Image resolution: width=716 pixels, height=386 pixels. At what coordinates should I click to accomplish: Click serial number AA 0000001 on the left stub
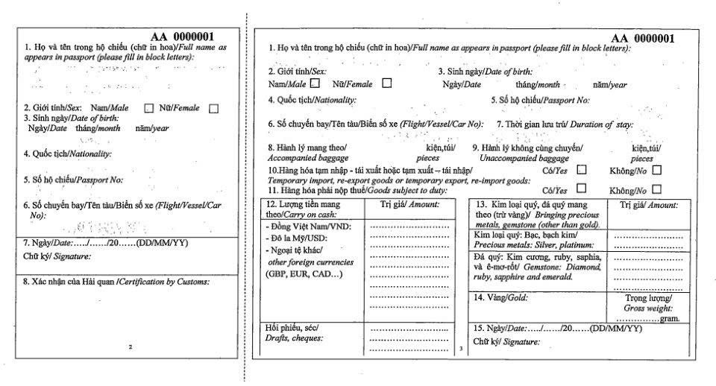tap(183, 36)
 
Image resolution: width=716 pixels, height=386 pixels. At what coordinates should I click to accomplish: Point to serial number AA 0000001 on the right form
tap(643, 38)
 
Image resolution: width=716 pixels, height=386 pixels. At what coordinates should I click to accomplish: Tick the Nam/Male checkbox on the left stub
tap(148, 109)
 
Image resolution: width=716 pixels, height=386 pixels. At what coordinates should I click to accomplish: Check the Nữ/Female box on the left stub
tap(214, 109)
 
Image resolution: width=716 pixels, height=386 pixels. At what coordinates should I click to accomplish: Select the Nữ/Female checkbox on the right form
tap(386, 83)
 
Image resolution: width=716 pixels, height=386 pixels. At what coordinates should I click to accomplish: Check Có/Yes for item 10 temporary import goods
tap(582, 169)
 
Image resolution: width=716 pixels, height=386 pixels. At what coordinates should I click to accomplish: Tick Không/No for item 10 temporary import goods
tap(656, 169)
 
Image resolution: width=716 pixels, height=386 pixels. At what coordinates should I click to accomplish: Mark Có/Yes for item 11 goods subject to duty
tap(582, 189)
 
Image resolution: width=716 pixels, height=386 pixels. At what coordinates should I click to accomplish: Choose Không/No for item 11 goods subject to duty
tap(656, 189)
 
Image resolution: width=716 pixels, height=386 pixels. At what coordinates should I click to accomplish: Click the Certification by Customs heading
tap(127, 282)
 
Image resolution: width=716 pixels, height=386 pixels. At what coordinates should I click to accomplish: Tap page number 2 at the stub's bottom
tap(130, 347)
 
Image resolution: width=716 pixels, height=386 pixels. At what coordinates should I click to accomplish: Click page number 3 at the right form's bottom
tap(462, 348)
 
